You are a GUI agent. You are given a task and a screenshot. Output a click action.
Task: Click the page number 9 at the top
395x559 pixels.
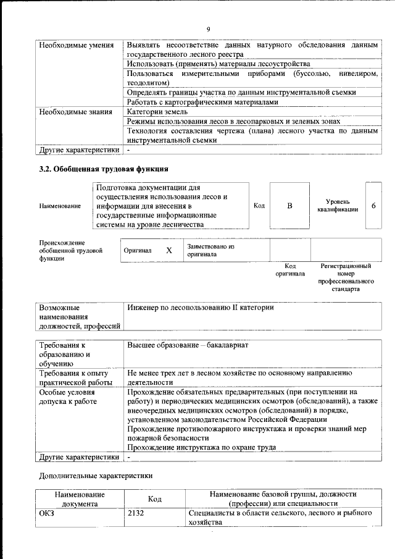[x=209, y=29]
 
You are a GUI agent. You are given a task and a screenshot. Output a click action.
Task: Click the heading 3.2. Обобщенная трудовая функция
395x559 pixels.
[x=104, y=169]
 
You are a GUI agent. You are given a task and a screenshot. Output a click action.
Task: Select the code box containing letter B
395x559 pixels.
[x=289, y=206]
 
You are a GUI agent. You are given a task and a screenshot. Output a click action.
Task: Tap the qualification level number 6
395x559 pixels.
[x=373, y=206]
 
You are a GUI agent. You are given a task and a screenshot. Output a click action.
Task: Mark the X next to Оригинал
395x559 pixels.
[x=168, y=251]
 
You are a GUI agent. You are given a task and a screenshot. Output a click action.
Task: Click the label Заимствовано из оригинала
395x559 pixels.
[x=211, y=250]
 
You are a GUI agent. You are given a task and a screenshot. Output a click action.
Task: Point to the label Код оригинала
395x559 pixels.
[x=290, y=270]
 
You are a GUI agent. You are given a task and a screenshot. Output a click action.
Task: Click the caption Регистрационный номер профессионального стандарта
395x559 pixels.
[x=346, y=277]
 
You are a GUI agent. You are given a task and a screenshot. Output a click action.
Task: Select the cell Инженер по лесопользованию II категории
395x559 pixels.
[x=201, y=308]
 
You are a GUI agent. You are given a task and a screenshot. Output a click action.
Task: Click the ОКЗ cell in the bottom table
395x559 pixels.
[x=48, y=513]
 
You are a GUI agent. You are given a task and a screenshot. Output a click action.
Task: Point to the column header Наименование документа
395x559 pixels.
[x=80, y=499]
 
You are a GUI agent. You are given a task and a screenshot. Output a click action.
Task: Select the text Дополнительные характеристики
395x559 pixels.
[x=96, y=476]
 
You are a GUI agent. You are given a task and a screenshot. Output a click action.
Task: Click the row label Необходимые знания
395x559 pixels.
[x=75, y=112]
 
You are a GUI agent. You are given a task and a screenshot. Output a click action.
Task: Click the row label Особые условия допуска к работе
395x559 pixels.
[x=68, y=397]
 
